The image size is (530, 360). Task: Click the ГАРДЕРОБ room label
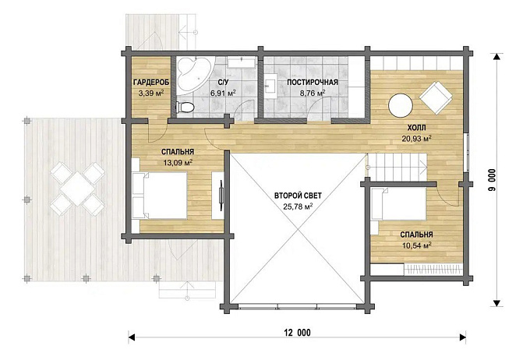click(150, 83)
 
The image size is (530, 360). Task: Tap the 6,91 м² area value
click(223, 93)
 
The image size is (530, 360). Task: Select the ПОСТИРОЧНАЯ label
click(313, 83)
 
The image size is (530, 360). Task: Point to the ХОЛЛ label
click(416, 128)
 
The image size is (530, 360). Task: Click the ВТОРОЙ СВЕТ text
click(298, 196)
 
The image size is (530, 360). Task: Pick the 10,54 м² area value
click(417, 245)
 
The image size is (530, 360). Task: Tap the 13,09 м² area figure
click(178, 163)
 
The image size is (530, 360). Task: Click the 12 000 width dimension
click(298, 333)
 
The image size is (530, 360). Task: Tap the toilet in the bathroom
click(185, 108)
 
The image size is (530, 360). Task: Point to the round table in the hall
click(401, 105)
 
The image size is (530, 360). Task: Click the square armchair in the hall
click(436, 97)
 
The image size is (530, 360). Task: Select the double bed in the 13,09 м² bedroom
click(160, 196)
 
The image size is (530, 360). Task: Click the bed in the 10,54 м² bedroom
click(398, 205)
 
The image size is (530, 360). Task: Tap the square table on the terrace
click(77, 189)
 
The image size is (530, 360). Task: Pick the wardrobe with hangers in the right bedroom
click(433, 270)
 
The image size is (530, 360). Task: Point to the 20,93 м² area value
click(416, 138)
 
